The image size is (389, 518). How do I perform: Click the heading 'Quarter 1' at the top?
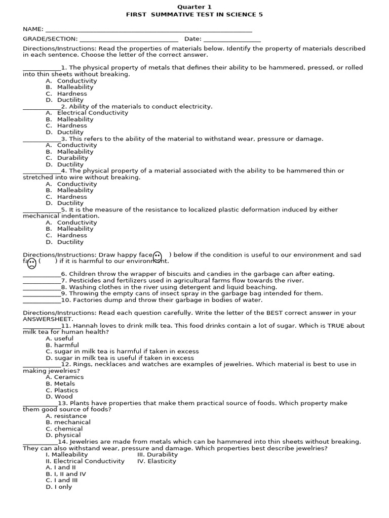click(194, 7)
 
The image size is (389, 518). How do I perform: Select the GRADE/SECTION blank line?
click(129, 40)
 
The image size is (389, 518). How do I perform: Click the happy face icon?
click(157, 256)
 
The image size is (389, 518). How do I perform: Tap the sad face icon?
click(31, 263)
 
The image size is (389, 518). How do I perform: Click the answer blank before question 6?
click(42, 275)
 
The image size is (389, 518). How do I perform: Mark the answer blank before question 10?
click(42, 301)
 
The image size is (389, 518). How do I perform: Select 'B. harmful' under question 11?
click(62, 345)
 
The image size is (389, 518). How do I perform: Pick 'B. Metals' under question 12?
click(61, 383)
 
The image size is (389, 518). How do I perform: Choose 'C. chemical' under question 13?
click(64, 428)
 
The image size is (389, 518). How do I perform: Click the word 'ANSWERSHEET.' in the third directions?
click(48, 319)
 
